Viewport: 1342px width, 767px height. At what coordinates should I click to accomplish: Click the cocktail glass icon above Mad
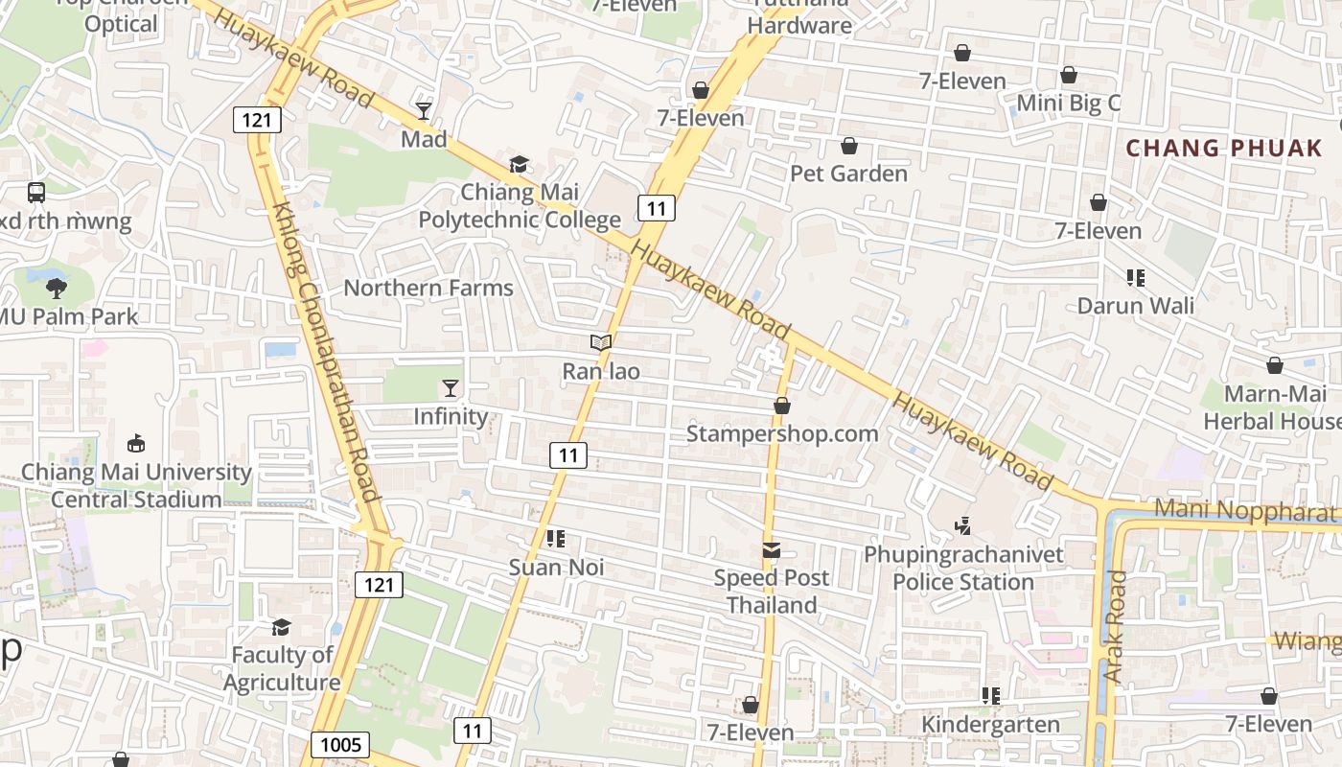(424, 111)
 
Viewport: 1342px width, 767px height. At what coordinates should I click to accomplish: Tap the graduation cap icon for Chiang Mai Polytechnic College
(519, 164)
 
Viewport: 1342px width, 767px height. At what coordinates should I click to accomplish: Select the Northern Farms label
(428, 288)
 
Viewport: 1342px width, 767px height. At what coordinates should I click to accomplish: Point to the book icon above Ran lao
(601, 342)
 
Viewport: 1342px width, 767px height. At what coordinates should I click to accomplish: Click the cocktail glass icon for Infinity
(450, 388)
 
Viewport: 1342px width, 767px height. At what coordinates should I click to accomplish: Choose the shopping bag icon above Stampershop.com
(782, 406)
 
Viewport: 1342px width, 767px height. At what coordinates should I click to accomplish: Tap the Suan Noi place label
(556, 567)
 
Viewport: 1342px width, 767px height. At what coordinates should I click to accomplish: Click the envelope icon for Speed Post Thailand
(772, 550)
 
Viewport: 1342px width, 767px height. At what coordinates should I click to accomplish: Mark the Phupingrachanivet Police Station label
(963, 569)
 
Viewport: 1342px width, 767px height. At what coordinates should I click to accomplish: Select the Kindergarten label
(990, 724)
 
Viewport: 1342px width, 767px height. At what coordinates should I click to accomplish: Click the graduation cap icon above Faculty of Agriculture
(281, 627)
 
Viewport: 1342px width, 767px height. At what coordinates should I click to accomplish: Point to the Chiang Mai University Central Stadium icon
(136, 444)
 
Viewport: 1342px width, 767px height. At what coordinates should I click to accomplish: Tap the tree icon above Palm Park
(57, 287)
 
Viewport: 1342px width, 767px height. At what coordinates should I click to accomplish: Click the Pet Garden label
(848, 174)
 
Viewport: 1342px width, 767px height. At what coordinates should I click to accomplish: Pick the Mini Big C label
(1068, 103)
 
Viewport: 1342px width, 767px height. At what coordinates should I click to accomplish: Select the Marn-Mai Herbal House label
(1271, 407)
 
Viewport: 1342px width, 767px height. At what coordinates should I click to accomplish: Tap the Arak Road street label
(1115, 627)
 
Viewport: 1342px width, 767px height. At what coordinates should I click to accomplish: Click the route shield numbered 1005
(340, 745)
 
